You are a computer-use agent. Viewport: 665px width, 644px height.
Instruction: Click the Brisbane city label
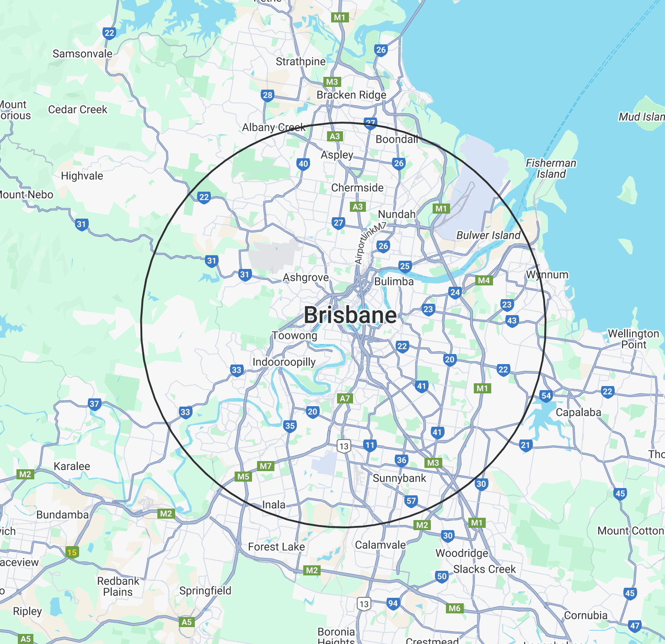350,315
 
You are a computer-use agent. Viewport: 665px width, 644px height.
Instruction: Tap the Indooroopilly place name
284,362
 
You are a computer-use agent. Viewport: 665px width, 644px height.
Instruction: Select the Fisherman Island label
551,168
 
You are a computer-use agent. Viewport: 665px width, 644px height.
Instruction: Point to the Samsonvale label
82,54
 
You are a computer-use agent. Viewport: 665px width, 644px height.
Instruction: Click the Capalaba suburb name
578,412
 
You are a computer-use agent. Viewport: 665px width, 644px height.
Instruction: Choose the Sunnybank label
399,478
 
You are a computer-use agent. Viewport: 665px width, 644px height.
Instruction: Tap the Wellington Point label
633,339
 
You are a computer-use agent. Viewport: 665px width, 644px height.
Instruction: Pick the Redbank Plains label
118,586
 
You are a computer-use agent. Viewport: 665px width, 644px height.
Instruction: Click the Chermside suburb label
357,188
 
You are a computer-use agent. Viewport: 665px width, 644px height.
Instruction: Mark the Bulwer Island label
488,236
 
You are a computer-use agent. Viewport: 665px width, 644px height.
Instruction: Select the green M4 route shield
484,280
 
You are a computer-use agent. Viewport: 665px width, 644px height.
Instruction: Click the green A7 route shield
345,398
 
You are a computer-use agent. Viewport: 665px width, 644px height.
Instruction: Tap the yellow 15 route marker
72,552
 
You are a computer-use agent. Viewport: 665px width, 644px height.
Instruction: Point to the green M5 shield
243,477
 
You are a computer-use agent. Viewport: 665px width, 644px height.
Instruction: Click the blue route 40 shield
303,164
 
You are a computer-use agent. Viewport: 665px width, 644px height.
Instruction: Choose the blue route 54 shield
546,396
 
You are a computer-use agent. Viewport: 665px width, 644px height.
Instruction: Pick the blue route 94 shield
393,603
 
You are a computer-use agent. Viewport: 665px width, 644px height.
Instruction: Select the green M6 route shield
455,608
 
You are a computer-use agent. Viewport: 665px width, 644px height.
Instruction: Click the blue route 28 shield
268,95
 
